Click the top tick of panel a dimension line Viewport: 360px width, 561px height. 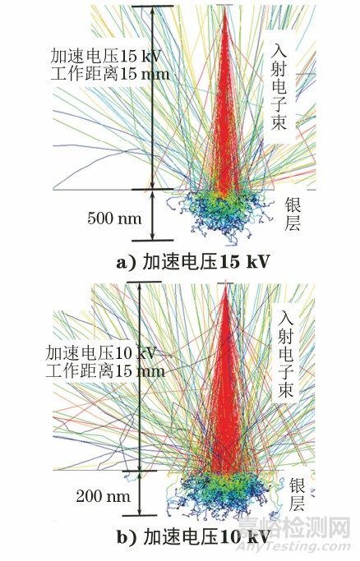pos(151,7)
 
